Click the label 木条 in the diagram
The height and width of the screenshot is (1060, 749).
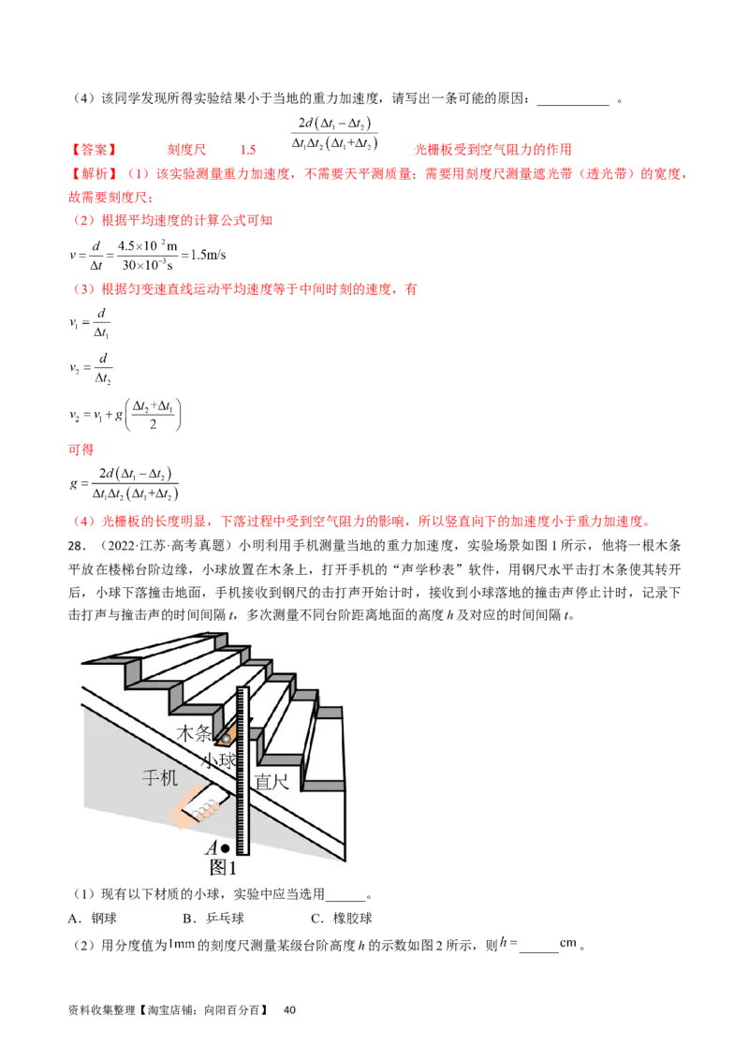tap(195, 733)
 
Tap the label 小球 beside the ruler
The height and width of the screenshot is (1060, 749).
tap(218, 760)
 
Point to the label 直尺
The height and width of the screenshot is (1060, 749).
tap(272, 781)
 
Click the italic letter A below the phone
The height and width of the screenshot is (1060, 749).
tap(211, 848)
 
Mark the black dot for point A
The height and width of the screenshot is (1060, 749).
tap(225, 848)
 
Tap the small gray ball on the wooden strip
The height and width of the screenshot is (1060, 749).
tap(226, 740)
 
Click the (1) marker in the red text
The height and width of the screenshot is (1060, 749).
tap(138, 173)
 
